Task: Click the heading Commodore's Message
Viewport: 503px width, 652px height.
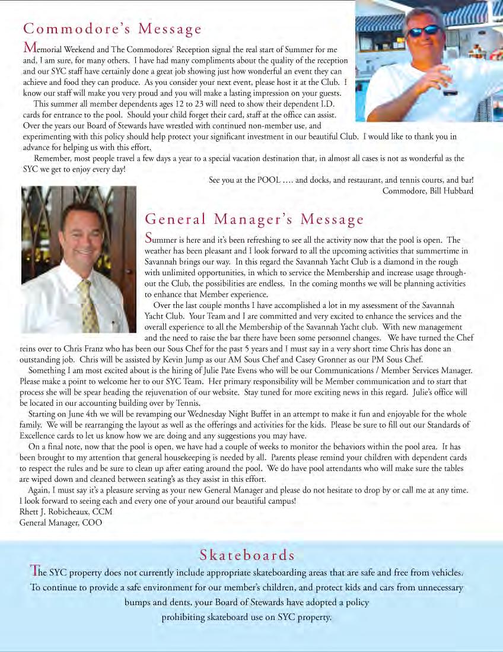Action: pos(112,29)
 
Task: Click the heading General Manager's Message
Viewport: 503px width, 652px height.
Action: pos(254,220)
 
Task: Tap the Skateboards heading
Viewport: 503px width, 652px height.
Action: pos(247,555)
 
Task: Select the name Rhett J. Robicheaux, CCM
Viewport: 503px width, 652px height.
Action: pos(66,511)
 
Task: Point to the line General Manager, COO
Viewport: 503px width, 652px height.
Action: pos(61,523)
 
